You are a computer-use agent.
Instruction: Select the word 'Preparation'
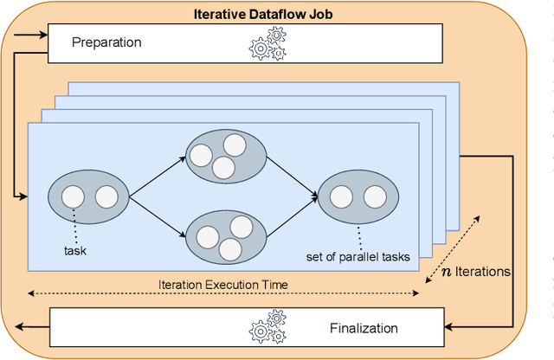(106, 42)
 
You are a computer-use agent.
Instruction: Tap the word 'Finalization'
(364, 328)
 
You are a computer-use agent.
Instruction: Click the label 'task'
(76, 251)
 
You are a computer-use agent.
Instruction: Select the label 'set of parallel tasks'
(358, 256)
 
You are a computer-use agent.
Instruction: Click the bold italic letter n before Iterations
(447, 271)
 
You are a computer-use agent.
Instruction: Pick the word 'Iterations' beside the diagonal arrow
(485, 271)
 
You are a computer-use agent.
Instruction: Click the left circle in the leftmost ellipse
(73, 196)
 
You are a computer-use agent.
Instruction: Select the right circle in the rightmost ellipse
(374, 196)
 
